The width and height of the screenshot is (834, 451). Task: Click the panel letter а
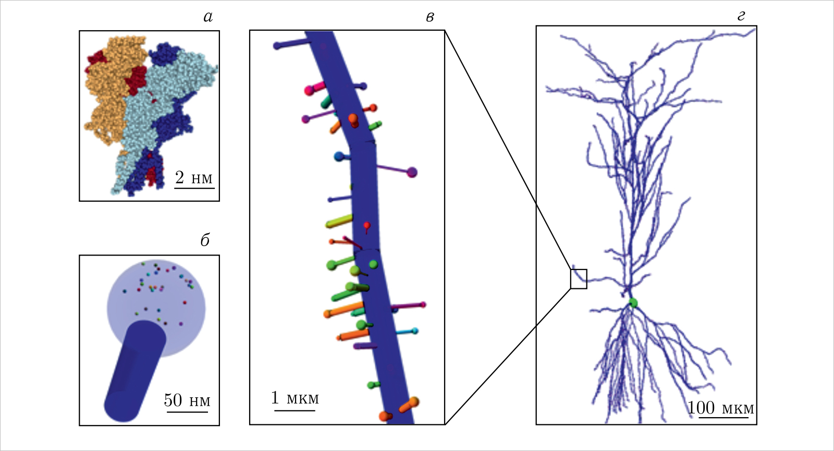click(208, 17)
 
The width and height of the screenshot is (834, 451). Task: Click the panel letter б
click(205, 240)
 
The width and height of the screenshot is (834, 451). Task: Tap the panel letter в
click(430, 17)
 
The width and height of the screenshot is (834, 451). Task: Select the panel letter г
click(741, 17)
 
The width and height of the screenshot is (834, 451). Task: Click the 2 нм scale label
click(194, 178)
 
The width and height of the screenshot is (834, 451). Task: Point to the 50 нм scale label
click(187, 400)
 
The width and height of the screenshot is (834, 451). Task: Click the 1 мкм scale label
click(295, 398)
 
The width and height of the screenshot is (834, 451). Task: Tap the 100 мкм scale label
click(720, 408)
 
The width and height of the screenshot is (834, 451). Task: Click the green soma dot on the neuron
click(633, 302)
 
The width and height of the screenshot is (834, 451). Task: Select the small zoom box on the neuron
click(579, 279)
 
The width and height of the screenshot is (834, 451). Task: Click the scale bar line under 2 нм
click(194, 188)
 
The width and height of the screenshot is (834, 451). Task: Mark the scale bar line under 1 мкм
click(295, 411)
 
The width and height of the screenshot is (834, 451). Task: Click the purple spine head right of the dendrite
click(412, 172)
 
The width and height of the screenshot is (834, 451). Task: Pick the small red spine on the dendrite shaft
click(367, 226)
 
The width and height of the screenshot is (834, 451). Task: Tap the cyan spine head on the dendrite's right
click(415, 331)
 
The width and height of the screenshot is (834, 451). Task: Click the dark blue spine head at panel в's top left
click(277, 46)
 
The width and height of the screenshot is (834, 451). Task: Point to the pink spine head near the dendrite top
click(309, 91)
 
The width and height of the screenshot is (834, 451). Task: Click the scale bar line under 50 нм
click(187, 412)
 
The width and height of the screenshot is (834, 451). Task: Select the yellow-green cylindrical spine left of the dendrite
click(339, 222)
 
